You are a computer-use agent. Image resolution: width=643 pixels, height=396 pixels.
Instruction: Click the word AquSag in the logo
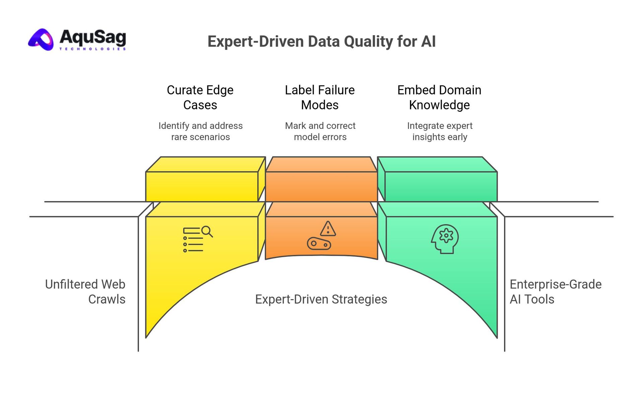coord(93,37)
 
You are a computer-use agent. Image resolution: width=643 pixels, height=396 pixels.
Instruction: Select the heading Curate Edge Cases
coord(200,97)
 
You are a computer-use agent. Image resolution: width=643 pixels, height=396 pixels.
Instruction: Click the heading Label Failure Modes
coord(320,97)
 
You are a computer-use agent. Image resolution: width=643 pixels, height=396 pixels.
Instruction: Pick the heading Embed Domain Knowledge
coord(439,97)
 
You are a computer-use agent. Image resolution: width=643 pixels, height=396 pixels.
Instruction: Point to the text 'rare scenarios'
coord(200,137)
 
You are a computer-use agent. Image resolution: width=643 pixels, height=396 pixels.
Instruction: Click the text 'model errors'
coord(320,137)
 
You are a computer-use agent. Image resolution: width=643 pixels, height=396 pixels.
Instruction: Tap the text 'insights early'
coord(440,137)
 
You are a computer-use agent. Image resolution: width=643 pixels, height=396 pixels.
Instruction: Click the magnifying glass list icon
coord(198,239)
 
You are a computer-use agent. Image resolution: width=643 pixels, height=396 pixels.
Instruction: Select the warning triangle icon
coord(328,229)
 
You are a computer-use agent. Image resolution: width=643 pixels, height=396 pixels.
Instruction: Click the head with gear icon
coord(445,239)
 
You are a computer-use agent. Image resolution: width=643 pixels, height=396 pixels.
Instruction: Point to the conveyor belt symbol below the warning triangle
coord(319,244)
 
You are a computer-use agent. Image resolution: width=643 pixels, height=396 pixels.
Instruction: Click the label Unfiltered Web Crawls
coord(85,292)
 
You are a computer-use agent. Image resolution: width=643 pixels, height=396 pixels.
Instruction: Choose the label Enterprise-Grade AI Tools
coord(555,292)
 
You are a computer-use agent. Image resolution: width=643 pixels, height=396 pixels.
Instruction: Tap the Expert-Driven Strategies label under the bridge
coord(321,299)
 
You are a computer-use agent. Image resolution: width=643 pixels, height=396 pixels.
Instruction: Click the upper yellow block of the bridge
coord(202,186)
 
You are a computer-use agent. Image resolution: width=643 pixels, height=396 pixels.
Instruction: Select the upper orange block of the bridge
coord(321,186)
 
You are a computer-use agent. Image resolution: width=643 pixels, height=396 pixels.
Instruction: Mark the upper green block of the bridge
coord(441,186)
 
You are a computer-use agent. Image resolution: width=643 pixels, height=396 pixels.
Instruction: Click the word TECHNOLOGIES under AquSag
coord(92,49)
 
